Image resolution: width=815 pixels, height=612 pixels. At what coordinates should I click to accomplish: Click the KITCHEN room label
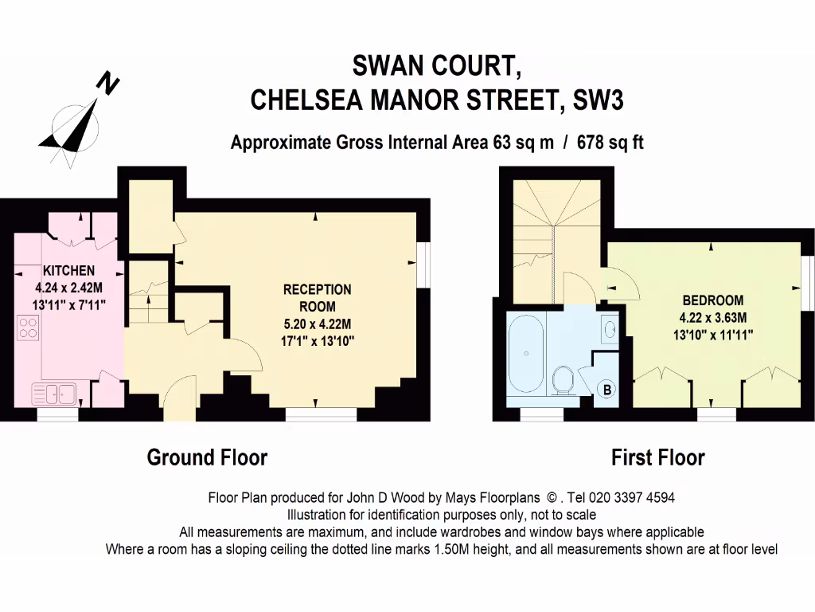(x=68, y=271)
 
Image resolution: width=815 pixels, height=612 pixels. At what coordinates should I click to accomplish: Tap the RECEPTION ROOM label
(x=317, y=297)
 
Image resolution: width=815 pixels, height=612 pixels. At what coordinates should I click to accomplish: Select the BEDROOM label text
(x=712, y=300)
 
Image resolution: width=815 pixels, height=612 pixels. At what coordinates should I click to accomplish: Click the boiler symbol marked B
(x=606, y=390)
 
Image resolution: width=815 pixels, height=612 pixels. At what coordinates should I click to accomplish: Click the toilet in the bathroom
(x=563, y=379)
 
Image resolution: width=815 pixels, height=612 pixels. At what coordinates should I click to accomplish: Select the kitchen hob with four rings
(x=28, y=327)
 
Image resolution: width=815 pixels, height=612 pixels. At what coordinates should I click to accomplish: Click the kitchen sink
(x=53, y=392)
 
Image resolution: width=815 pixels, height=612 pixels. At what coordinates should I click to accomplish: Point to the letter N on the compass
(x=107, y=83)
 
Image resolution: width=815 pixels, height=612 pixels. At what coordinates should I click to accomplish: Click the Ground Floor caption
(x=207, y=457)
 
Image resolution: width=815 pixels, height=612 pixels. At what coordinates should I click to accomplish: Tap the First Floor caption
(x=657, y=457)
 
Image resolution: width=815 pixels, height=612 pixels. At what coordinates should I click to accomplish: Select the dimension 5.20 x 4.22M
(x=317, y=324)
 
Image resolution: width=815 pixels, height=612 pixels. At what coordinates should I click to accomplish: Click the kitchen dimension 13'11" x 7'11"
(x=70, y=304)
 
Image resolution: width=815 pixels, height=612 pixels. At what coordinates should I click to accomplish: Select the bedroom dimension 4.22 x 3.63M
(x=712, y=317)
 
